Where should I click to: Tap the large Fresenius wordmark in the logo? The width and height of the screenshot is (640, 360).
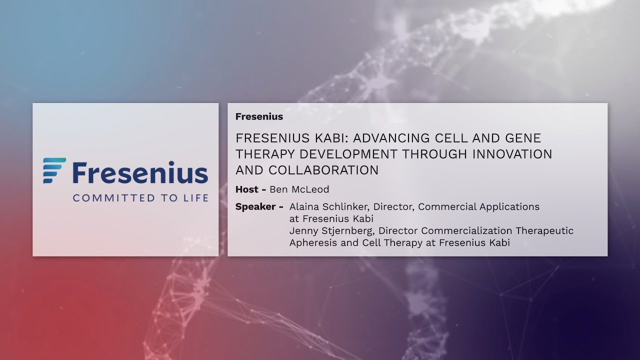coord(140,172)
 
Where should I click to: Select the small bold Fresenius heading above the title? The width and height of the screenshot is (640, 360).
coord(259,116)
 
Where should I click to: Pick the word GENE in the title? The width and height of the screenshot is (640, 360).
coord(521,138)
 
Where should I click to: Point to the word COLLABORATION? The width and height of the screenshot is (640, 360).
coord(323,170)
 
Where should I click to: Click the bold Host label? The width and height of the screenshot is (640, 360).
coord(247,189)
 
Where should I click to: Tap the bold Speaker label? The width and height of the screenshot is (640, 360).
coord(255,206)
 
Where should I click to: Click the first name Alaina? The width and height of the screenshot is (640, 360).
coord(304,206)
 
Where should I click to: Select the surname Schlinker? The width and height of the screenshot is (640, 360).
coord(346,206)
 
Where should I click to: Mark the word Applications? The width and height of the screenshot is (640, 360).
coord(511,206)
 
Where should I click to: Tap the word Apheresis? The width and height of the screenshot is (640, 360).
coord(311,242)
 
